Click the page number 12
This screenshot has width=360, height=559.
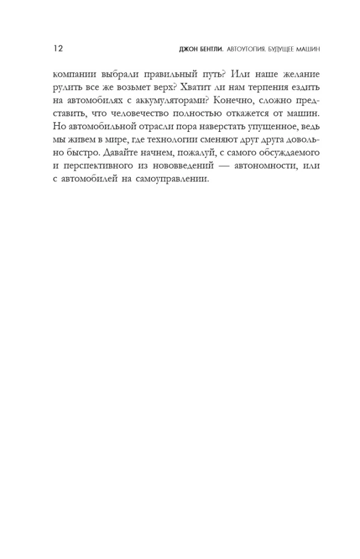pyautogui.click(x=58, y=49)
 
